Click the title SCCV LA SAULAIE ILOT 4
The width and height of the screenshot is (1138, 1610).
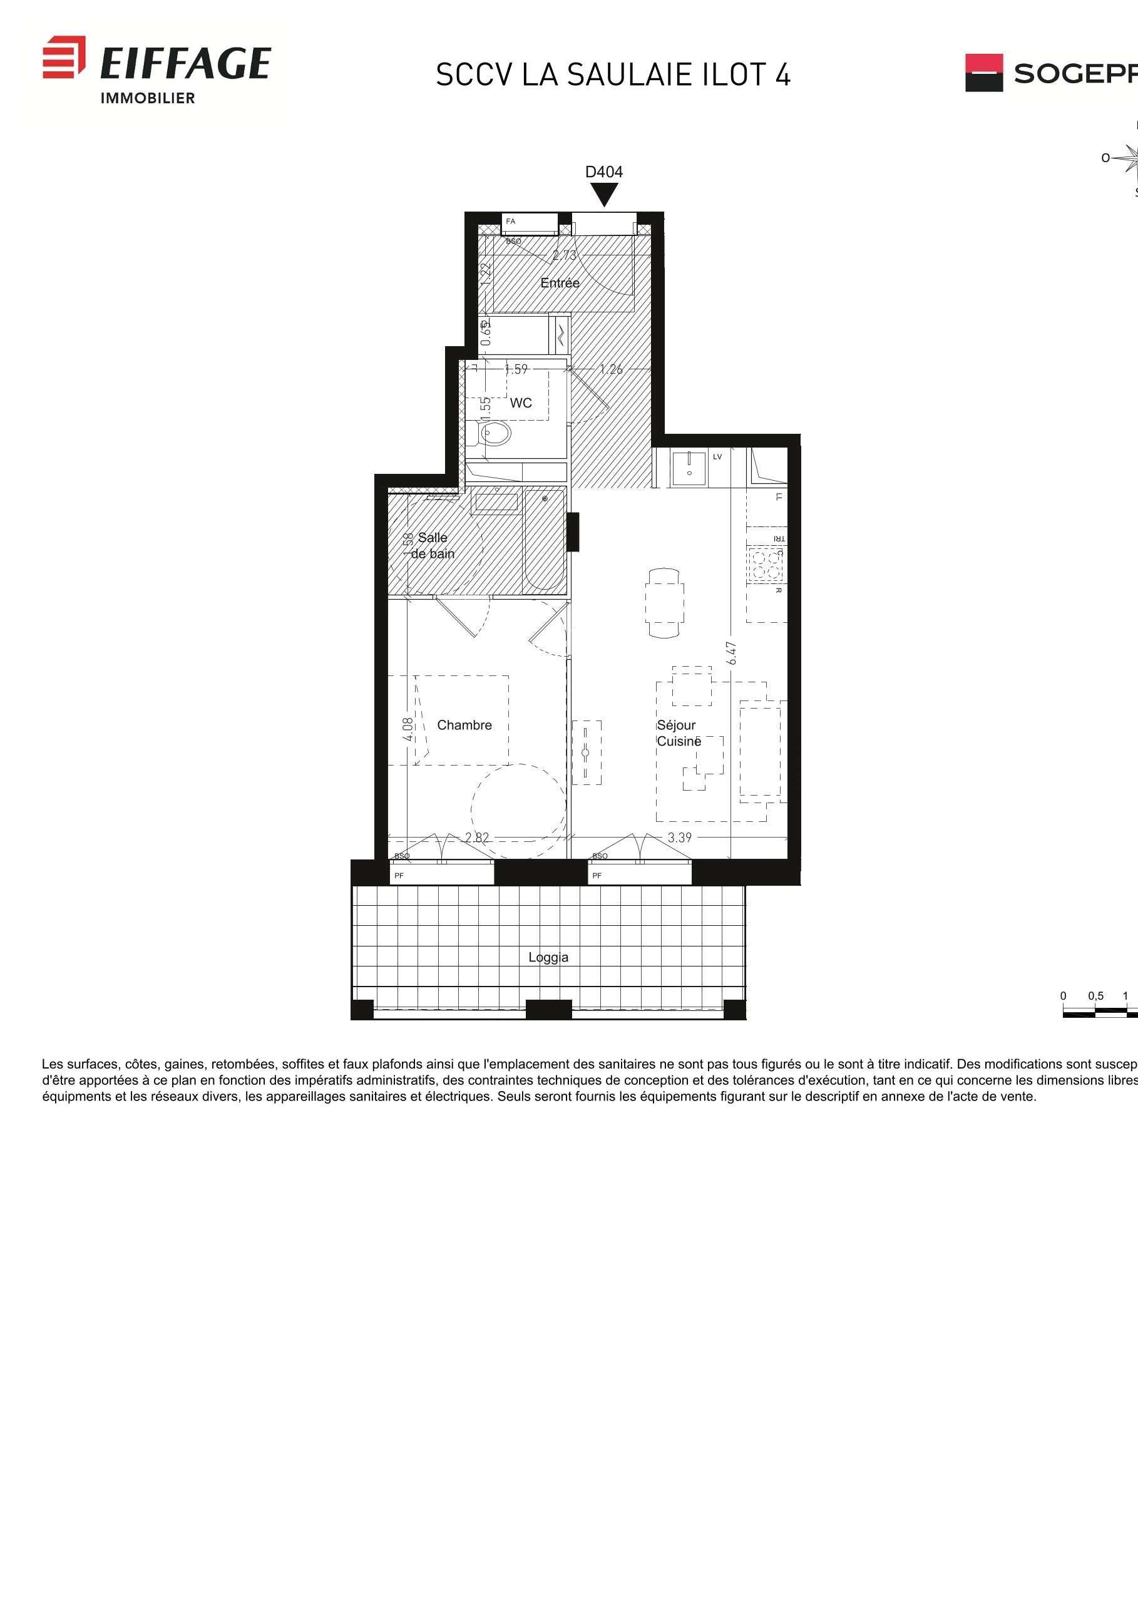[613, 75]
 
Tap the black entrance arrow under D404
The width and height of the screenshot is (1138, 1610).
[603, 194]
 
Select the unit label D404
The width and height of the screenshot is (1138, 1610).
[603, 172]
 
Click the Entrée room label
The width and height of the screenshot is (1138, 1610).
[560, 282]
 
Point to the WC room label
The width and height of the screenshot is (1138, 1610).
[520, 402]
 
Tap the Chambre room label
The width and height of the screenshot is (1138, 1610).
[464, 725]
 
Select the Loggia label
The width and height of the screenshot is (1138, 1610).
[548, 957]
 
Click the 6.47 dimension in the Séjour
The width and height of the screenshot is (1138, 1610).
[731, 653]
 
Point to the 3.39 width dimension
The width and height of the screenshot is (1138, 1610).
[679, 838]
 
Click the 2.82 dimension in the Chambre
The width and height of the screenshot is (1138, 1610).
[477, 838]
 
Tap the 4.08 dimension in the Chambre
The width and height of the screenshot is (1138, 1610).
[408, 729]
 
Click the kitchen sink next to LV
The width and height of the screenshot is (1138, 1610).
[689, 468]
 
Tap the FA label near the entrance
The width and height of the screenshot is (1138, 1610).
[510, 222]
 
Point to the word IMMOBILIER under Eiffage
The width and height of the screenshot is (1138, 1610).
[147, 99]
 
